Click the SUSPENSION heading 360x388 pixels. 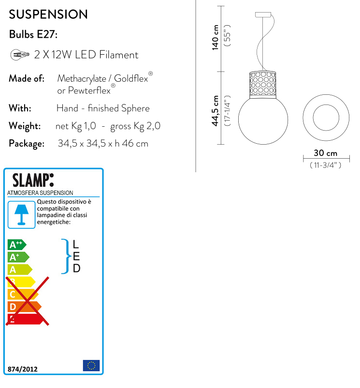[48, 15]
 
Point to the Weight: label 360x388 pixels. [25, 126]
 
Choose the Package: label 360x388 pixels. [27, 144]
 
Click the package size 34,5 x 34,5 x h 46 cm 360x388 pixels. [103, 144]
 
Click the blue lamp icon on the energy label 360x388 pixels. [21, 214]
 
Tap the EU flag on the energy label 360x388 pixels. [91, 366]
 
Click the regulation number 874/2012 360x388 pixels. [22, 369]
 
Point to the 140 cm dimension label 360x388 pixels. [216, 37]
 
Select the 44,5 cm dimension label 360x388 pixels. [216, 111]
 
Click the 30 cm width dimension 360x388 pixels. [325, 153]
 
